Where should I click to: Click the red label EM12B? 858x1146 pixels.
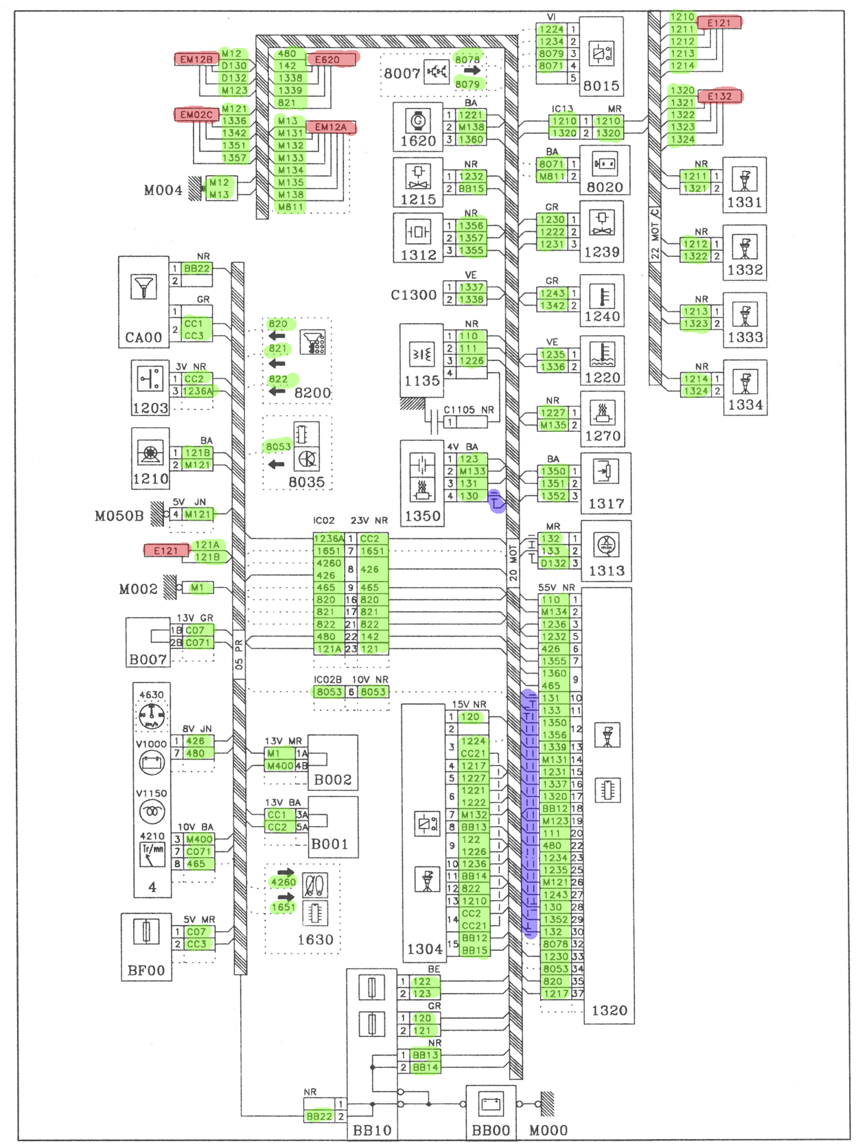[196, 60]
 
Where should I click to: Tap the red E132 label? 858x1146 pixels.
[719, 96]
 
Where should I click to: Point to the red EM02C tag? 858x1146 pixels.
[196, 114]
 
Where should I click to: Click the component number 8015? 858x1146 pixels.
[601, 86]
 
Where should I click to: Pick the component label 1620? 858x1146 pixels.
[418, 141]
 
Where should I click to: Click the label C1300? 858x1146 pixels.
[413, 295]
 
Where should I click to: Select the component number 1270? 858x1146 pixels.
[602, 436]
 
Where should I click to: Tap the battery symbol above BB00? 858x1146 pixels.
[491, 1104]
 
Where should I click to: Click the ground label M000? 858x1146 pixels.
[548, 1130]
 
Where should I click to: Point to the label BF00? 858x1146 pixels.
[146, 971]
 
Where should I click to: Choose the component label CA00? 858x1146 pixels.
[143, 338]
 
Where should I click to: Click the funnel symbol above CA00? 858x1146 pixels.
[143, 286]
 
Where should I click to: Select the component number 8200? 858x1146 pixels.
[312, 393]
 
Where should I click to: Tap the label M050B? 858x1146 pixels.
[119, 516]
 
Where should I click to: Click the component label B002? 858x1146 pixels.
[332, 780]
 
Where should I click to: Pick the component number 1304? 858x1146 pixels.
[424, 950]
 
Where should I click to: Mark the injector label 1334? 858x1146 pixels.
[745, 405]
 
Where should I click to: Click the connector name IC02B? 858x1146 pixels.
[327, 680]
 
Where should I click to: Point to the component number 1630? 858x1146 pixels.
[315, 939]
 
